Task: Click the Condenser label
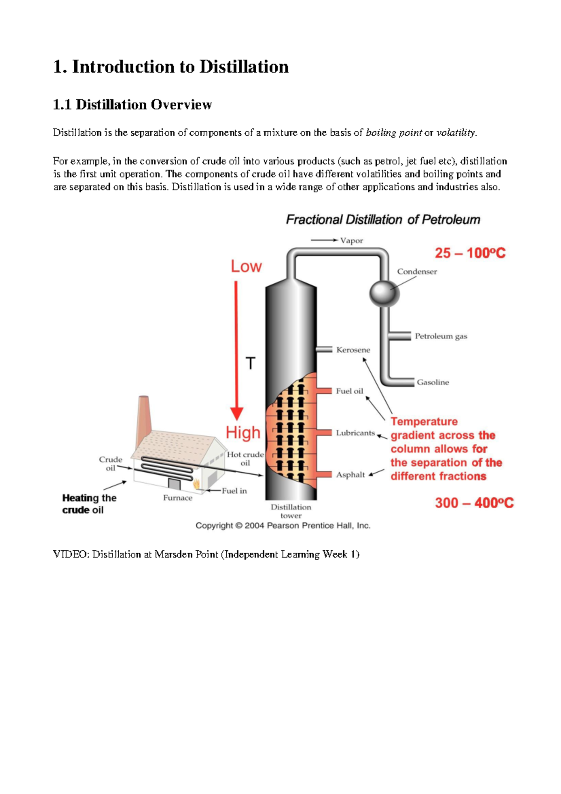click(x=417, y=272)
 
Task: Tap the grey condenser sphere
click(x=384, y=293)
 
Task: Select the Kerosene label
click(x=353, y=350)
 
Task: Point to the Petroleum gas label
click(x=441, y=336)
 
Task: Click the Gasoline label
click(x=432, y=382)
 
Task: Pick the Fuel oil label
click(x=349, y=391)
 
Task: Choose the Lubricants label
click(x=355, y=433)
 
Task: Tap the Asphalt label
click(x=350, y=475)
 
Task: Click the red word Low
click(x=246, y=267)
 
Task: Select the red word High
click(x=243, y=433)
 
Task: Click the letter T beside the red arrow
click(x=251, y=363)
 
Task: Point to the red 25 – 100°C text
click(x=470, y=253)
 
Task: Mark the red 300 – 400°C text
click(x=474, y=503)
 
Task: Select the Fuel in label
click(x=234, y=491)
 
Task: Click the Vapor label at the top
click(x=351, y=241)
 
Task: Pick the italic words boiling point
click(x=394, y=133)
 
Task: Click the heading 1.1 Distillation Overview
click(x=132, y=104)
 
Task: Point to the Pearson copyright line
click(x=283, y=526)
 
